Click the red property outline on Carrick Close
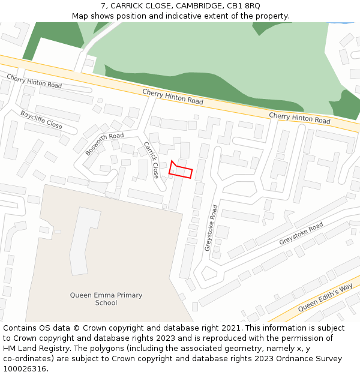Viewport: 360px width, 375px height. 181,170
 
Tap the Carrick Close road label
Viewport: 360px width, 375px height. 151,160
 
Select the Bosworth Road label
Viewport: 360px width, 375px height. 104,144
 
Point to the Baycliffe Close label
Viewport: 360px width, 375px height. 41,119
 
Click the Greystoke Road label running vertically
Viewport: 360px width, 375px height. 211,228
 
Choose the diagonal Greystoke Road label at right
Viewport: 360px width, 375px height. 301,233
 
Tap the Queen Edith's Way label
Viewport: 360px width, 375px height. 325,298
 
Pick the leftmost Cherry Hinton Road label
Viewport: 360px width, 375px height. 34,81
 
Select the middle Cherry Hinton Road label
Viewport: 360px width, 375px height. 173,96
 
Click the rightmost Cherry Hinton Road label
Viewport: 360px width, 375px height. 299,118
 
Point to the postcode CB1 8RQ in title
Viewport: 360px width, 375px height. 244,6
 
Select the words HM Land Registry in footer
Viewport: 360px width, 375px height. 35,349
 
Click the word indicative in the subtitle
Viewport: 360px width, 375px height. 179,16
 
